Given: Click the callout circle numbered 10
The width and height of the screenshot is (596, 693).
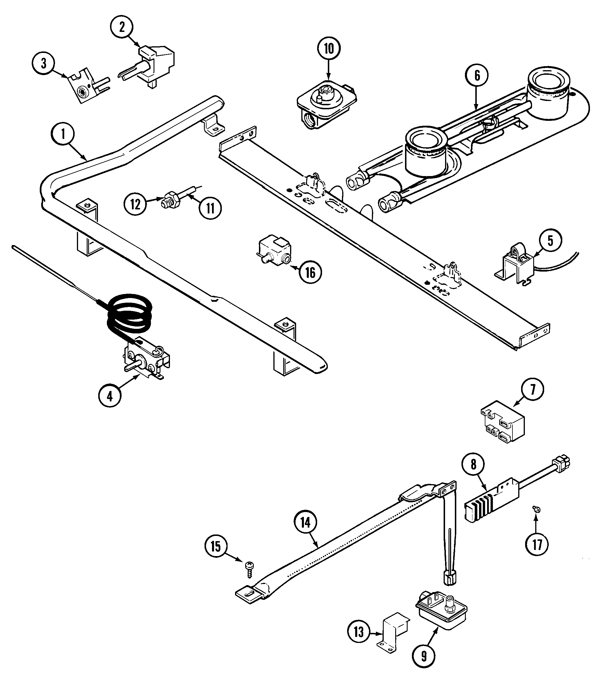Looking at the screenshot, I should (x=328, y=49).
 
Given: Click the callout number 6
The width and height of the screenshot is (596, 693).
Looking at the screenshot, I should (x=477, y=76).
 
